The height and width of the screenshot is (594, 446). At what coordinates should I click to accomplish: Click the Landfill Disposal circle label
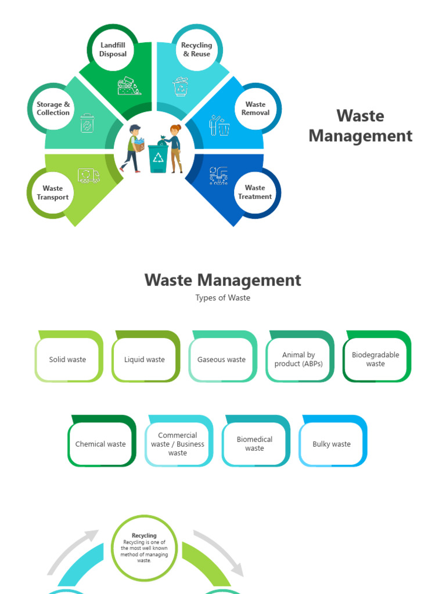click(113, 50)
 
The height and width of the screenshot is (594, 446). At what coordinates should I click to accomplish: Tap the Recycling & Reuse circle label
click(196, 50)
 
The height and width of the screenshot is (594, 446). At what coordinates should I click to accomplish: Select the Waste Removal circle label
click(256, 109)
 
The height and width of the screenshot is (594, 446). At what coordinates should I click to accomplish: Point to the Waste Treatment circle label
click(255, 192)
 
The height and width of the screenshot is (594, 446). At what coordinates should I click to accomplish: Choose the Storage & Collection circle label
click(53, 109)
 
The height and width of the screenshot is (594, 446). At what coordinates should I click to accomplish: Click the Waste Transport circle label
click(53, 193)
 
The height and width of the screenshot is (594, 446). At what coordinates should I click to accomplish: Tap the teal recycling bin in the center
click(158, 158)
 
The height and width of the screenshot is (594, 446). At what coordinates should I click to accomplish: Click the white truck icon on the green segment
click(89, 175)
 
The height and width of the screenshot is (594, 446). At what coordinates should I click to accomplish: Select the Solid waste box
click(67, 360)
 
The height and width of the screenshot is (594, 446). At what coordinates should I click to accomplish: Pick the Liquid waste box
click(145, 360)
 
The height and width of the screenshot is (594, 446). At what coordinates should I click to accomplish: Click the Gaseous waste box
click(221, 360)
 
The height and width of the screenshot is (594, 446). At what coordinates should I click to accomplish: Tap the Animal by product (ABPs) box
click(298, 360)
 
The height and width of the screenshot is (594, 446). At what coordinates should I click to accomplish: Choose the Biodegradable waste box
click(376, 360)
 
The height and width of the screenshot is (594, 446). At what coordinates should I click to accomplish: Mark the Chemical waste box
click(100, 444)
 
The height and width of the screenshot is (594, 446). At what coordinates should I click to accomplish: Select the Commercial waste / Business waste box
click(178, 444)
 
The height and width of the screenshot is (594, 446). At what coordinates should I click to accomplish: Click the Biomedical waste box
click(254, 444)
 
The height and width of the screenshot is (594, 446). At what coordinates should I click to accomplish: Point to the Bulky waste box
click(332, 444)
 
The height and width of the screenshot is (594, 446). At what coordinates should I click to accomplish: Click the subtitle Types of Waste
click(223, 298)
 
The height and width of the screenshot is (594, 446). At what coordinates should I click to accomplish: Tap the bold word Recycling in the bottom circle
click(144, 535)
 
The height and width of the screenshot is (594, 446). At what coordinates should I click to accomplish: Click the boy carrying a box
click(134, 148)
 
